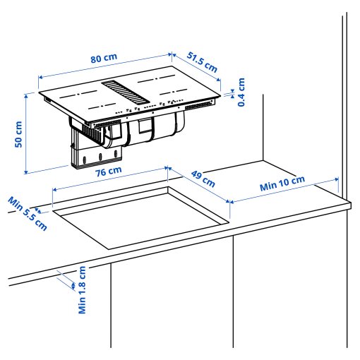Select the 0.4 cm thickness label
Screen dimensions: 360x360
(x=241, y=92)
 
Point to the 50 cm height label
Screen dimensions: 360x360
(x=19, y=133)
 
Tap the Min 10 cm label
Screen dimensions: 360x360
(x=282, y=184)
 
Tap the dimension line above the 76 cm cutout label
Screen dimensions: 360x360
(x=109, y=178)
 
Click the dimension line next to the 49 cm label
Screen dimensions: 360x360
(x=199, y=184)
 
